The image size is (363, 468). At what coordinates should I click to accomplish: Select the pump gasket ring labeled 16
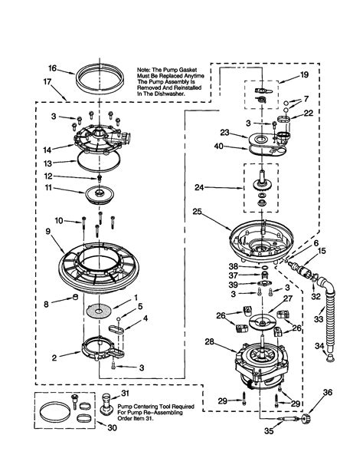click(102, 80)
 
